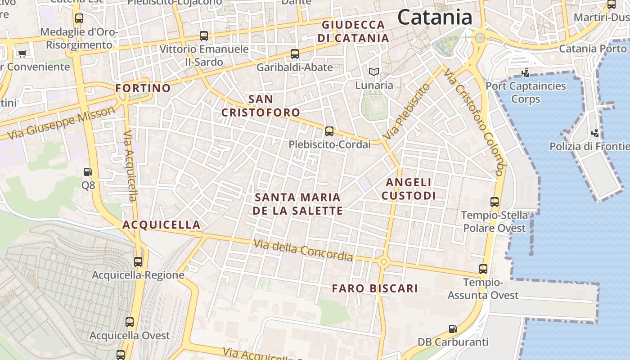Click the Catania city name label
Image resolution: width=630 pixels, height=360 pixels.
435,18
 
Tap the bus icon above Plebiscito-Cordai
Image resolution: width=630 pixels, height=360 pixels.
329,131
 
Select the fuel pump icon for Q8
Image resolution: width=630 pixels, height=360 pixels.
88,171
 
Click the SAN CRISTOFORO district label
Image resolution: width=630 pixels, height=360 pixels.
261,105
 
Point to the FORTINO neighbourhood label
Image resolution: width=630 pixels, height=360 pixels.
143,88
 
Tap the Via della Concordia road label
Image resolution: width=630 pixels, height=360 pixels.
303,250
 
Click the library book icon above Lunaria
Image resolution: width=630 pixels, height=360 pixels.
374,72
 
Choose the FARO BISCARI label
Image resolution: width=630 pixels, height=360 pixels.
375,288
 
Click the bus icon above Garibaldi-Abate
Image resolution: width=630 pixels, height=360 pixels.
295,54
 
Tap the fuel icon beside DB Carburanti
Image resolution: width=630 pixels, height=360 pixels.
453,329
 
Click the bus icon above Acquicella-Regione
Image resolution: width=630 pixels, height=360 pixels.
138,261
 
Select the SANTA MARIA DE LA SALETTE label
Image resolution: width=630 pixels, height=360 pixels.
297,204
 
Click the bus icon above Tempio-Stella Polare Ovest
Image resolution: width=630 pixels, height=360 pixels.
495,202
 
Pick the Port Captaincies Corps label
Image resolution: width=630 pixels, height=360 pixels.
526,92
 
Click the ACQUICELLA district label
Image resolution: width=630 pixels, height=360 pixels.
162,225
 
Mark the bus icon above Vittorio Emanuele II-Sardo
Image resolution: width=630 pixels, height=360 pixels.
204,36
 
